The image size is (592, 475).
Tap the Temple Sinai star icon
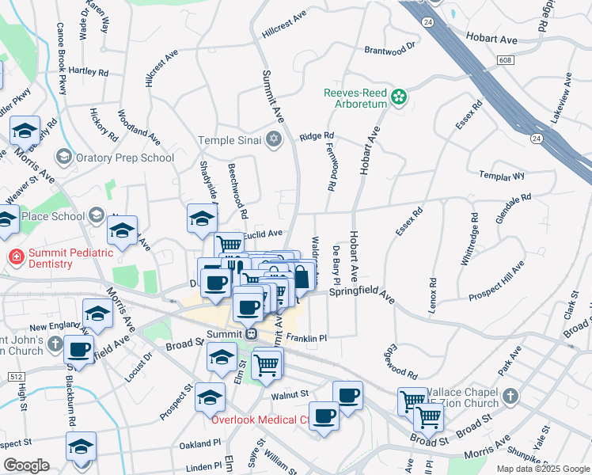coord(274,140)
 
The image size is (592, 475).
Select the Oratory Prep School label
coord(125,158)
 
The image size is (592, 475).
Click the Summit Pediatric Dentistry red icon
coord(15,256)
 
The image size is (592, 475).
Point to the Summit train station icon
coord(250,333)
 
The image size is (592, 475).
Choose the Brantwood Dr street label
coord(390,49)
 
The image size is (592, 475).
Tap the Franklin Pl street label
coord(307,338)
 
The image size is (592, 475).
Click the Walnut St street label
coord(289,393)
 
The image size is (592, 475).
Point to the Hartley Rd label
coord(89,72)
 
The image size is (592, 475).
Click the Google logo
coord(26,465)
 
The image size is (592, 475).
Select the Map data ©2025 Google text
coord(543,469)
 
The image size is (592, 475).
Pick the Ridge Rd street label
coord(317,136)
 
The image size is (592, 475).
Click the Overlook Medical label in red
coord(260,420)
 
